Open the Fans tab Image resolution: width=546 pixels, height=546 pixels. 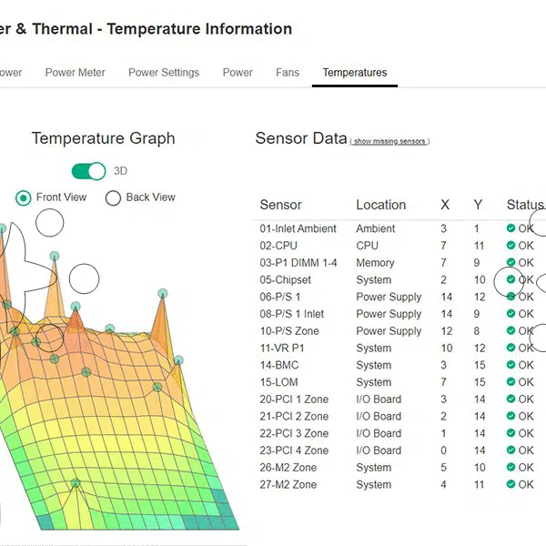pyautogui.click(x=288, y=73)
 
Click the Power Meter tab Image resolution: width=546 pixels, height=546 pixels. pyautogui.click(x=76, y=73)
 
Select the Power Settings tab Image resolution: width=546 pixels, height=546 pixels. pyautogui.click(x=164, y=73)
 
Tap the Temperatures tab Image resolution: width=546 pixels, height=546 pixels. pyautogui.click(x=355, y=73)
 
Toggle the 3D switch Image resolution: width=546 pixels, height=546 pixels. pyautogui.click(x=89, y=171)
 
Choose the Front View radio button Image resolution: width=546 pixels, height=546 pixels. pyautogui.click(x=24, y=197)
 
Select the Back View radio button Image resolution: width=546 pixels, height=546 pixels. pyautogui.click(x=114, y=197)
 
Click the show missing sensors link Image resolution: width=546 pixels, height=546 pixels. pyautogui.click(x=389, y=142)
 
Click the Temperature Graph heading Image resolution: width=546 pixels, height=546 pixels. pyautogui.click(x=103, y=138)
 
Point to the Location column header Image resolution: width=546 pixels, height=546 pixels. pyautogui.click(x=380, y=205)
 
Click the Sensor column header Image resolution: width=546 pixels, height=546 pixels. pyautogui.click(x=280, y=205)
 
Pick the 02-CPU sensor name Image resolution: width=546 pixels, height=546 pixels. pyautogui.click(x=278, y=246)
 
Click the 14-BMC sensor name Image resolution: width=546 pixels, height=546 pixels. pyautogui.click(x=279, y=365)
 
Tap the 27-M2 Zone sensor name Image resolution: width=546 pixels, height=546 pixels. pyautogui.click(x=288, y=484)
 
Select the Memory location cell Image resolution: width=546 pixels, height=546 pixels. pyautogui.click(x=375, y=263)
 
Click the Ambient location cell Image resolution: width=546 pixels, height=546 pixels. pyautogui.click(x=376, y=228)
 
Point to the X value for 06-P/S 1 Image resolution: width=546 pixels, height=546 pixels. pyautogui.click(x=446, y=297)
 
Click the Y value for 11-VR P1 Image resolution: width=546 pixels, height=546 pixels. pyautogui.click(x=480, y=348)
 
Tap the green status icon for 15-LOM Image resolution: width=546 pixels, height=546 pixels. pyautogui.click(x=511, y=382)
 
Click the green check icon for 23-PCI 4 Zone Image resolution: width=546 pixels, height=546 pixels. pyautogui.click(x=511, y=450)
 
